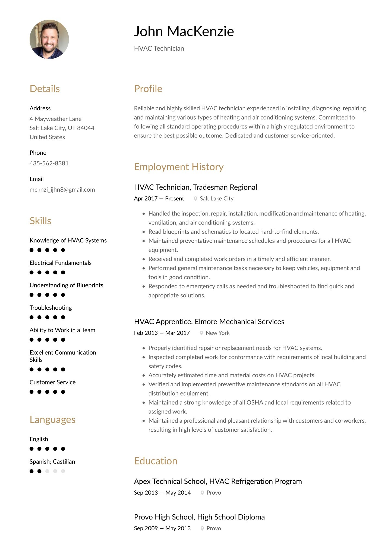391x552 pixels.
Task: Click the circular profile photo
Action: coord(49,39)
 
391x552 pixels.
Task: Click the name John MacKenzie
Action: coord(184,31)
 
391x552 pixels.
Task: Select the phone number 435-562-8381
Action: coord(49,163)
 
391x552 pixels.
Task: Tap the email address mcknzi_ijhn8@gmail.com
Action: coord(62,190)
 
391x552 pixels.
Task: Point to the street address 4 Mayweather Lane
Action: coord(55,119)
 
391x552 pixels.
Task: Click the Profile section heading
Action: coord(148,89)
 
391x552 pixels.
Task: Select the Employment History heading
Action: coord(179,167)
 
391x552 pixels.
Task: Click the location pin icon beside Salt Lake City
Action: coord(195,199)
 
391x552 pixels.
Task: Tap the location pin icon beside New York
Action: coord(201,333)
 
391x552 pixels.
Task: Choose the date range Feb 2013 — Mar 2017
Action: coord(162,333)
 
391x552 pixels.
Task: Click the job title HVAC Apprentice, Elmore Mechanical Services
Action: coord(209,322)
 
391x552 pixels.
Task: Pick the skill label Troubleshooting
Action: coord(51,307)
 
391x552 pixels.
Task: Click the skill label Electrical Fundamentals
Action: coord(61,263)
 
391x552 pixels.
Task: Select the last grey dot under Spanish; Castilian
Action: coord(63,471)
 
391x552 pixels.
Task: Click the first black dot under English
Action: coord(31,449)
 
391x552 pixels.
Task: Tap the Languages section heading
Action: coord(52,419)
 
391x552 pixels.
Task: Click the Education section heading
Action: coord(156,461)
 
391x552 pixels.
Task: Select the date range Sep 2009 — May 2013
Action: coord(162,528)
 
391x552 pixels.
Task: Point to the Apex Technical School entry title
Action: coord(218,481)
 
